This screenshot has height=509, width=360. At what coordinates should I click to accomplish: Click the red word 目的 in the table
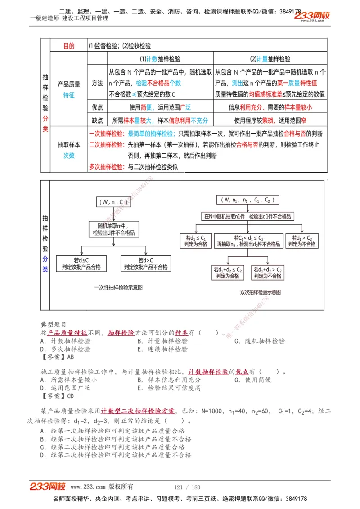(x=69, y=46)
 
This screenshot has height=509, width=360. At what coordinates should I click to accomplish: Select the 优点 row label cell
(x=97, y=107)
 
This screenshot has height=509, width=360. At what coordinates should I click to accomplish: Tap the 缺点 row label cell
(x=97, y=121)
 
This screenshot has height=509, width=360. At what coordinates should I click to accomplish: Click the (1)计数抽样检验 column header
(x=160, y=59)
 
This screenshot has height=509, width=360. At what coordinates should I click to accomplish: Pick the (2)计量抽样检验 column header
(x=270, y=59)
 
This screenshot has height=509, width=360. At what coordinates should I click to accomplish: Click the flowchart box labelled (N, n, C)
(x=113, y=202)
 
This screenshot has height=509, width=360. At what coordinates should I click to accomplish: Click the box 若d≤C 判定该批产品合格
(x=81, y=263)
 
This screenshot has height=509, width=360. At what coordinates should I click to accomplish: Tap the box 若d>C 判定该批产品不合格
(x=146, y=263)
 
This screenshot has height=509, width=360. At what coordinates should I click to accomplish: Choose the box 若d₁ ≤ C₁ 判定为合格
(x=196, y=241)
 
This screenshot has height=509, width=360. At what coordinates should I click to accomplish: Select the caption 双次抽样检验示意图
(x=261, y=292)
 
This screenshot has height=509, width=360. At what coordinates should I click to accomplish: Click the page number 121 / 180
(x=187, y=487)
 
